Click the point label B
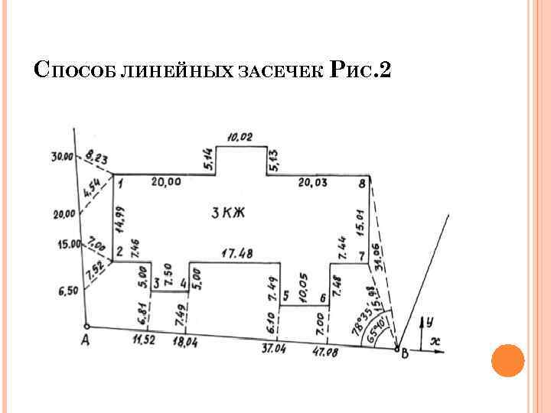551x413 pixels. coord(406,353)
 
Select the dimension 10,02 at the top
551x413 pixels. coord(240,138)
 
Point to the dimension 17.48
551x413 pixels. coord(237,252)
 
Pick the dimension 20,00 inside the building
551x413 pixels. coord(166,182)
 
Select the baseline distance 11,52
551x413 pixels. coord(142,339)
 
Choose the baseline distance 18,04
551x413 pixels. coord(184,343)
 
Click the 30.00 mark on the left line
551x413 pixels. coord(62,157)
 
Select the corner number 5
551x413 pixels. coord(285,295)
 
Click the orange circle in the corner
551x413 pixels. coord(507,360)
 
